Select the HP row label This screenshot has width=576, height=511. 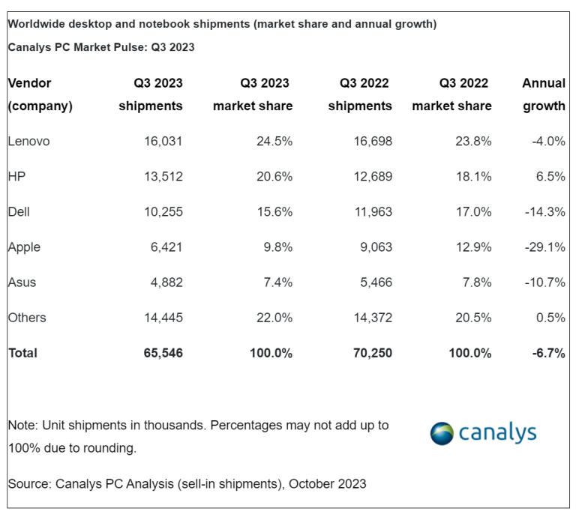(x=16, y=176)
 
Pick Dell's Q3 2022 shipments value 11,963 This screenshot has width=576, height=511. (x=370, y=212)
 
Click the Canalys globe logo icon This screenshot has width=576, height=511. (x=442, y=433)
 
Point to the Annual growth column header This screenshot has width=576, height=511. (x=544, y=94)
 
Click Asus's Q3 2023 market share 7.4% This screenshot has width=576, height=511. (x=274, y=282)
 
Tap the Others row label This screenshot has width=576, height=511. (x=27, y=318)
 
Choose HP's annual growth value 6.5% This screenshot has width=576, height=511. (x=550, y=176)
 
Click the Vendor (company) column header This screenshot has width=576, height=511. (x=40, y=94)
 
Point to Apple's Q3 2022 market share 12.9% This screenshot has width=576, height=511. (x=473, y=247)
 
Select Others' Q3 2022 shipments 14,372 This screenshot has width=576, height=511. (x=370, y=318)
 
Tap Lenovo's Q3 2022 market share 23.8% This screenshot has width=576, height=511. (x=473, y=141)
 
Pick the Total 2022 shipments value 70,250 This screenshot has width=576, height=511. (x=370, y=353)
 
